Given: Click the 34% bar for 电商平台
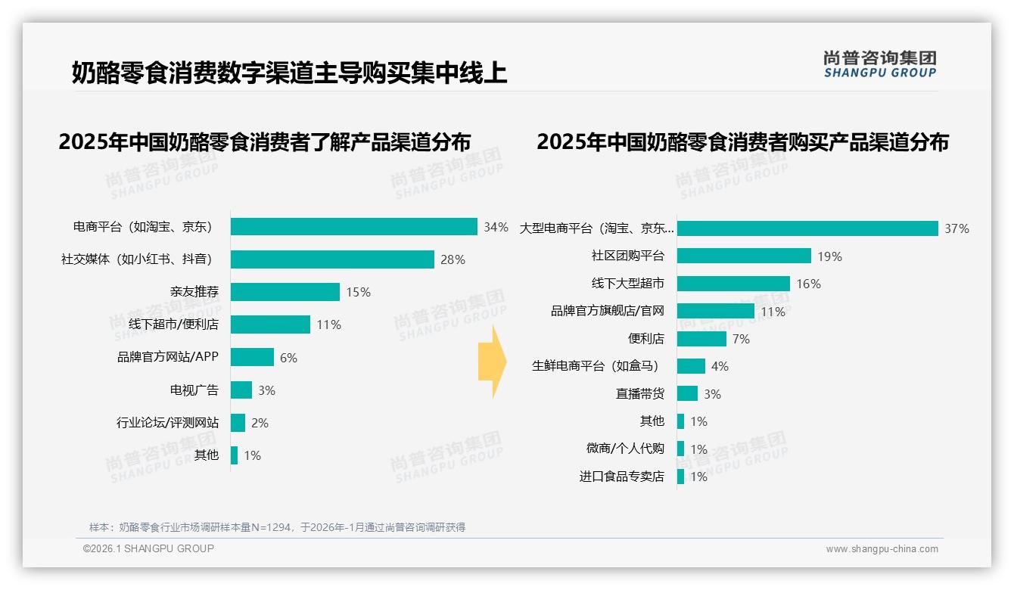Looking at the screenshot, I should pos(353,227).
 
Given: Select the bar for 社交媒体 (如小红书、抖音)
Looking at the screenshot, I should pos(332,259).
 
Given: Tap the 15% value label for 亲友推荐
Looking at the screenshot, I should pos(358,292).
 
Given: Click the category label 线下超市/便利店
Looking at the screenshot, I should pos(173,324).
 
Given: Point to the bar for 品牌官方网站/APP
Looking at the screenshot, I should pos(252,357).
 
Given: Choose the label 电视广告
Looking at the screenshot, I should pos(194,390).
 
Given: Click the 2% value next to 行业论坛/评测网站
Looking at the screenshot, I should pos(260,423).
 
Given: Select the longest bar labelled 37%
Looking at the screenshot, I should pos(807,228).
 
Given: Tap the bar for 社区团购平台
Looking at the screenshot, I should pos(744,256).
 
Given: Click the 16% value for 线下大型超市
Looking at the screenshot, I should pos(808,284).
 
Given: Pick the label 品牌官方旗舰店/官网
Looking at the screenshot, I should pos(608,311).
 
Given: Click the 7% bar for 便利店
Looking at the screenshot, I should pos(701,339).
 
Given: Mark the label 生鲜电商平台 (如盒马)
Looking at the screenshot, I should pos(596,366).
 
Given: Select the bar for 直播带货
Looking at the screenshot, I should pos(687,393).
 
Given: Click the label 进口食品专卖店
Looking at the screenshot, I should pos(622,477).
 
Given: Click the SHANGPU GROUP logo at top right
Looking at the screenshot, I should pos(879,64).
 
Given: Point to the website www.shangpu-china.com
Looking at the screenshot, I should pos(882,549).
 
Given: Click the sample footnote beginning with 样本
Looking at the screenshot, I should pos(277,527).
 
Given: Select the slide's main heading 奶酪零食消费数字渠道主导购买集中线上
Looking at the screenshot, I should pos(289,73).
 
